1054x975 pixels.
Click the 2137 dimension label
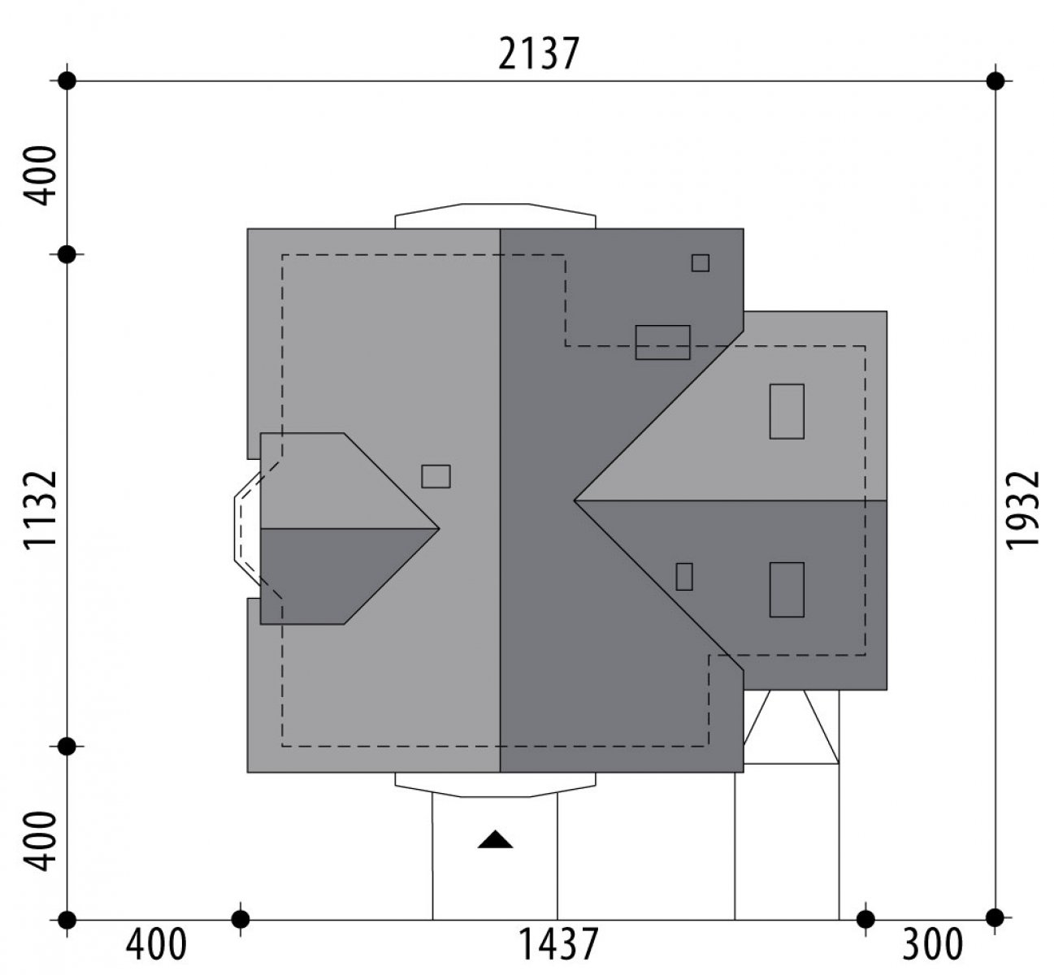538,54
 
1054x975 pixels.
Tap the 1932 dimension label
1022,510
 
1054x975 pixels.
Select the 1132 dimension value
41,509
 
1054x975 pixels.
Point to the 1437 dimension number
557,945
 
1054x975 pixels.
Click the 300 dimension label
932,945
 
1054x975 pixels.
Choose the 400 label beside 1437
157,945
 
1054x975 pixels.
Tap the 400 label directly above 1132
41,175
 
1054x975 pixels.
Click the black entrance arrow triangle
495,839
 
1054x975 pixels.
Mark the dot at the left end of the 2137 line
67,81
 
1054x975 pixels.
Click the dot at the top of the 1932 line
995,81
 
